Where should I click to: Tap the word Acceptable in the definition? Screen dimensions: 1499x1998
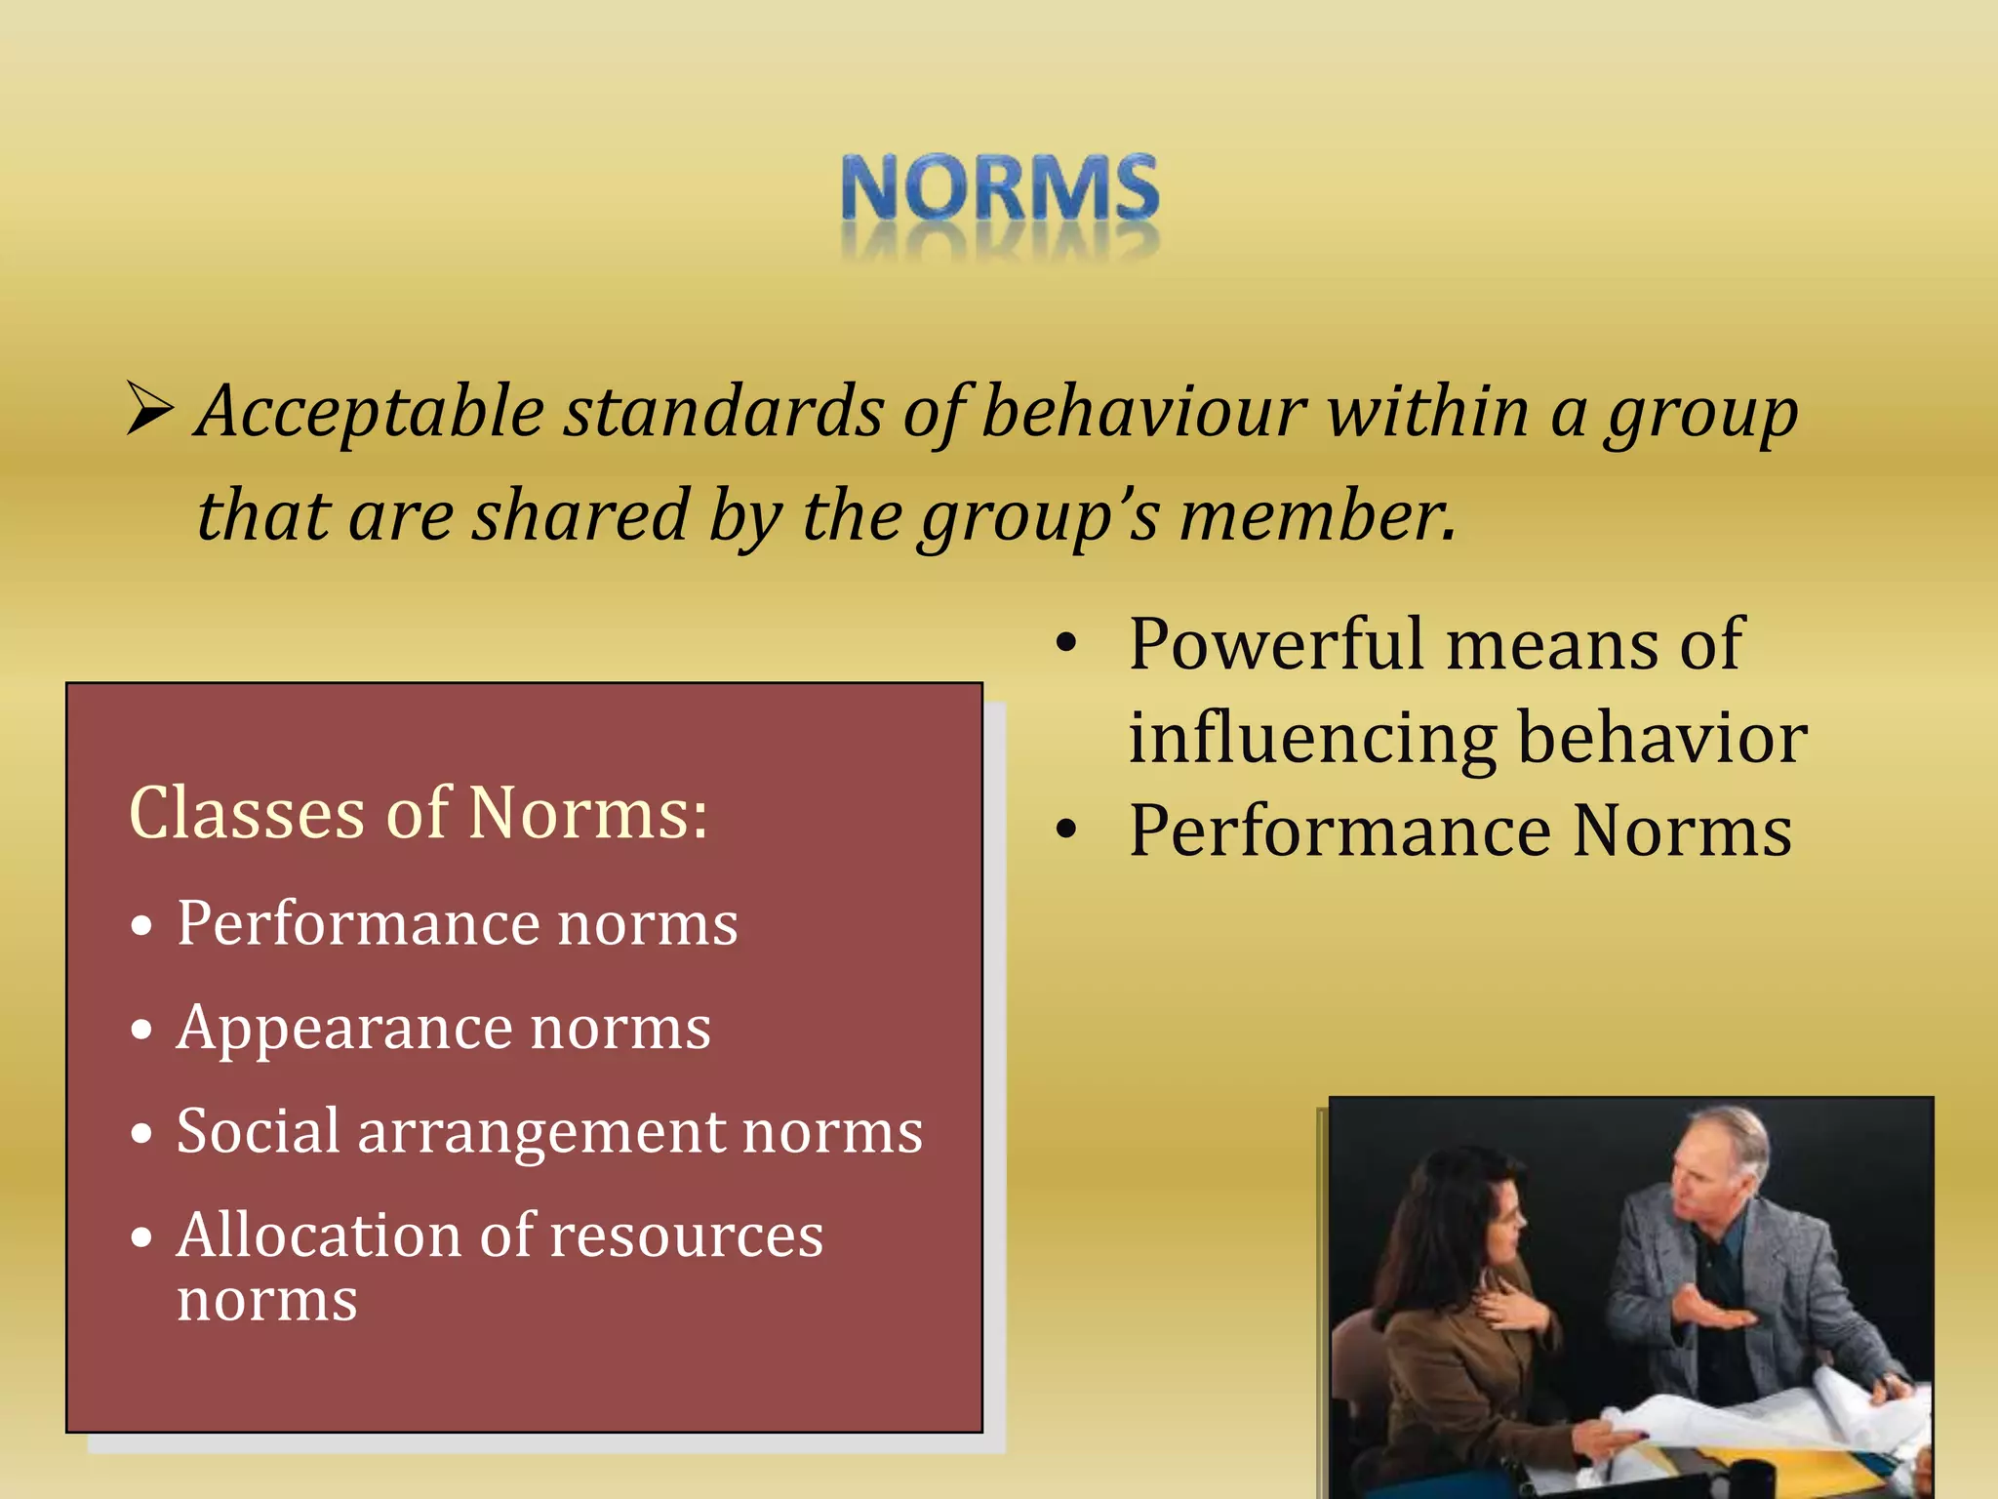coord(371,412)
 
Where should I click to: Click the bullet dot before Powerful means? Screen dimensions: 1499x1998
coord(1067,644)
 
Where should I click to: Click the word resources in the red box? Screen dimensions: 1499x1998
coord(687,1236)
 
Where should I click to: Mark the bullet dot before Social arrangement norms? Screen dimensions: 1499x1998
coord(142,1134)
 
